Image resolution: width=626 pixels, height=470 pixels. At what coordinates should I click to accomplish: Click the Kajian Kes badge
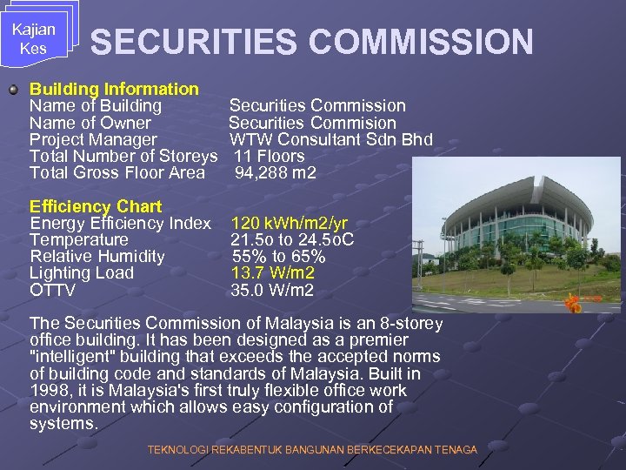point(34,38)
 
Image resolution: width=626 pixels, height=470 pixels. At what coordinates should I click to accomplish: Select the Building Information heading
point(114,89)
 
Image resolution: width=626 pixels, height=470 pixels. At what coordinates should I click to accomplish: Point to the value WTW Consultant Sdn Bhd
point(330,139)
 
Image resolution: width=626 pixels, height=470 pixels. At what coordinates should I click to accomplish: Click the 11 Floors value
point(270,156)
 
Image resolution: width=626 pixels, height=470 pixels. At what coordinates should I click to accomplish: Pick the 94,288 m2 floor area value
point(276,172)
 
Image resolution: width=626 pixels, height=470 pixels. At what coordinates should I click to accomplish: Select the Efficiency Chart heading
point(96,206)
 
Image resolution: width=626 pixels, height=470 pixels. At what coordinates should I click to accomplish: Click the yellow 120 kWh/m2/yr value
point(289,224)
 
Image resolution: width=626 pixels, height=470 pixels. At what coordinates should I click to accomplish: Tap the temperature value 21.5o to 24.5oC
point(292,239)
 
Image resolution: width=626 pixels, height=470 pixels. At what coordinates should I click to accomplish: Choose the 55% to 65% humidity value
point(278,256)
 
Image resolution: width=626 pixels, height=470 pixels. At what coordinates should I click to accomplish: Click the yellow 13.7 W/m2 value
point(273,272)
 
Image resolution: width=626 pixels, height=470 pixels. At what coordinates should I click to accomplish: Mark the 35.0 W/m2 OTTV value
point(272,290)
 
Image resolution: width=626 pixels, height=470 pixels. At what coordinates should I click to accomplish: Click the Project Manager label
point(93,139)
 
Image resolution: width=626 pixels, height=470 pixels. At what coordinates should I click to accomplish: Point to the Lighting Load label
point(82,272)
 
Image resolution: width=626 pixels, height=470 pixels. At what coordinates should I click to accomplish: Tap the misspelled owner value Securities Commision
point(312,123)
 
